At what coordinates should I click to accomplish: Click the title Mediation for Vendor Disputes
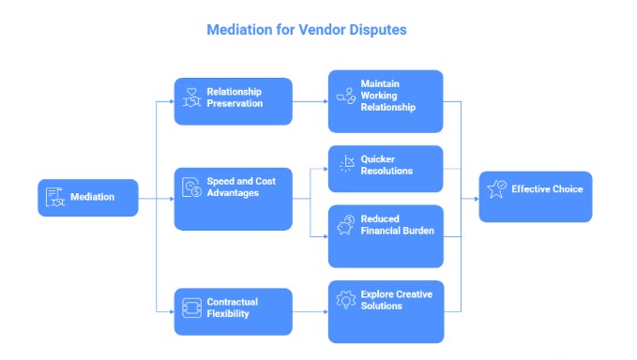(306, 30)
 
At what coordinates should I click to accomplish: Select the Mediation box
(88, 197)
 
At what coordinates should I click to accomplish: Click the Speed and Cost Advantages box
(233, 198)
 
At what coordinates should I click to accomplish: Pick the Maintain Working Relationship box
(386, 100)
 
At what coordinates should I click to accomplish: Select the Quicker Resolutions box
(386, 168)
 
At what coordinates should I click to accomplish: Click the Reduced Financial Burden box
(386, 235)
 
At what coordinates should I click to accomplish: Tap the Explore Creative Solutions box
(386, 310)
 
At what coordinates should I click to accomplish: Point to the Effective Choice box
(535, 196)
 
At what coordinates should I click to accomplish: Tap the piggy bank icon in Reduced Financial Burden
(345, 225)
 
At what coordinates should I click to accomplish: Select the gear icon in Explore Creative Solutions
(345, 300)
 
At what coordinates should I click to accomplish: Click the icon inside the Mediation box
(56, 197)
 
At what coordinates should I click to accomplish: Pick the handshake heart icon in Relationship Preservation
(190, 97)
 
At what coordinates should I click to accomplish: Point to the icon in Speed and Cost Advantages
(190, 187)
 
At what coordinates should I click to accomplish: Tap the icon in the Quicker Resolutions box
(345, 165)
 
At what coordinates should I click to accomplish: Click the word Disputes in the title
(373, 30)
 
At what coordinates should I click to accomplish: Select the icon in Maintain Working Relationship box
(345, 96)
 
